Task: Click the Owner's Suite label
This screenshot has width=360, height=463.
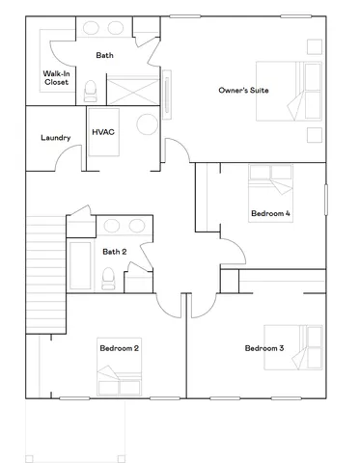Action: click(244, 91)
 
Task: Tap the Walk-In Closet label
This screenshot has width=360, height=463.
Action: click(56, 78)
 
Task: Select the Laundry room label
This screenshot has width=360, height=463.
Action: click(55, 138)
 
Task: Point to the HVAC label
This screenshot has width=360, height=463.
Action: click(103, 131)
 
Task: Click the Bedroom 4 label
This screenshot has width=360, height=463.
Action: click(270, 214)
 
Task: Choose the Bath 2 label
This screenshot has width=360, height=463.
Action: click(115, 252)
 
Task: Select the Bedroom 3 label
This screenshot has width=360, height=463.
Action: click(263, 348)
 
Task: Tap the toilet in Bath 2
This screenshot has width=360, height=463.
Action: click(108, 279)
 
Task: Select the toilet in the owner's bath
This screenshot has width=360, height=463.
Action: click(91, 93)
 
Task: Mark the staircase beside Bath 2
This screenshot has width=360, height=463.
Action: click(44, 260)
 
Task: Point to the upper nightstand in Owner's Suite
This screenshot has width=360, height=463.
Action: click(314, 45)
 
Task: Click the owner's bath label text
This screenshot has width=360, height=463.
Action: click(104, 56)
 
